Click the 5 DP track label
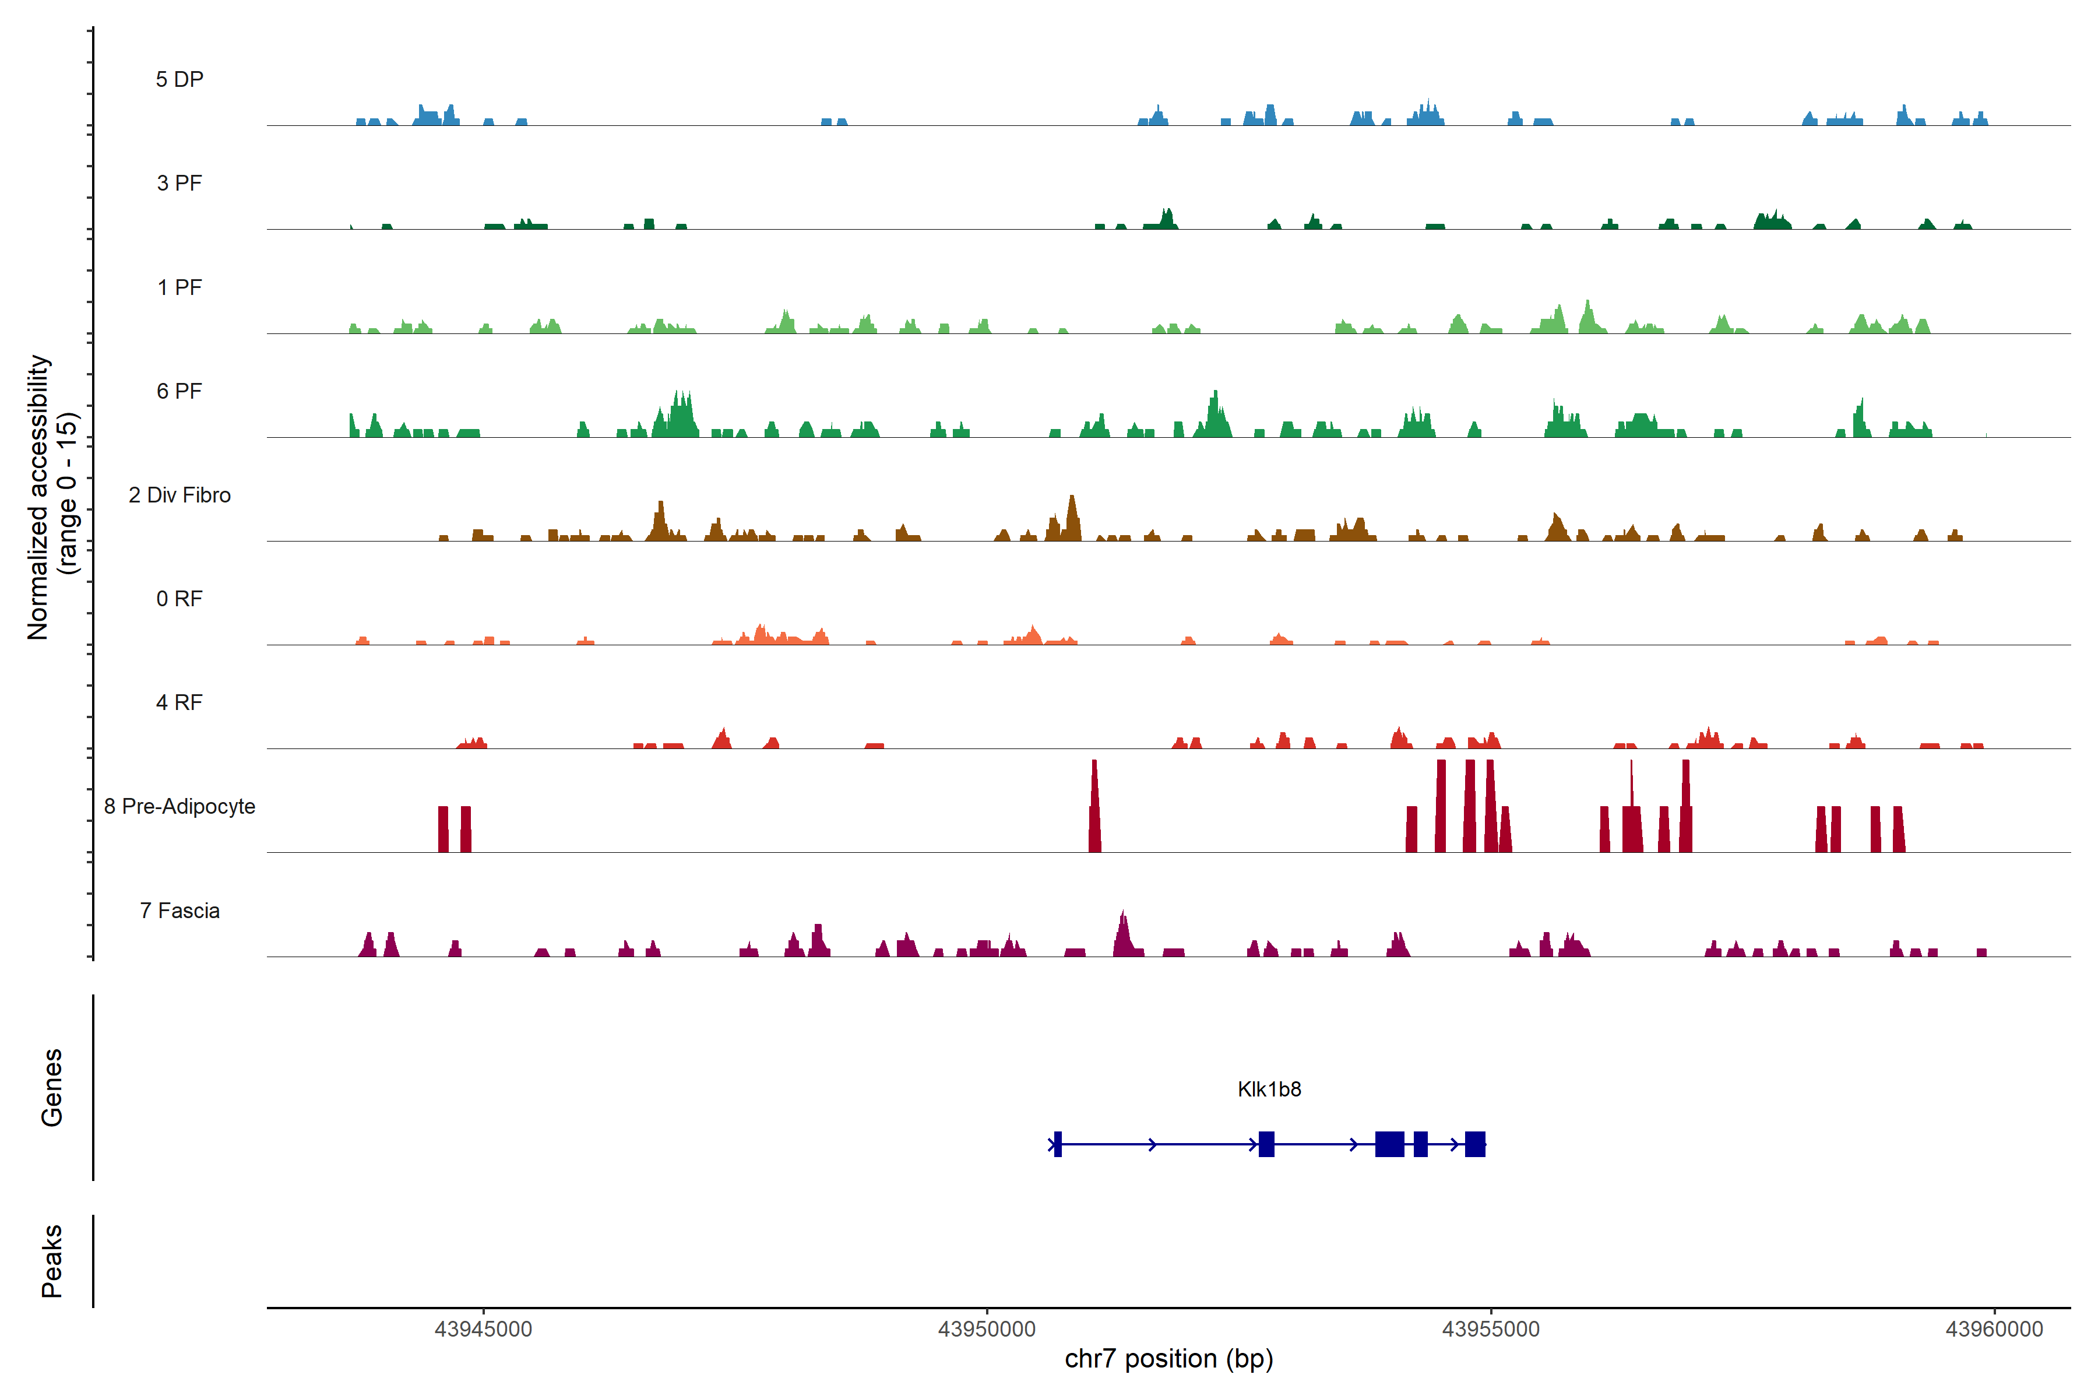pos(179,79)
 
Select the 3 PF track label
pos(179,183)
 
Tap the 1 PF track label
pos(179,287)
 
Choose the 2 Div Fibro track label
pos(179,495)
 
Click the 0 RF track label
pos(179,599)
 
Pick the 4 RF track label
pos(179,702)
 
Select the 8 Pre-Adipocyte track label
pos(179,807)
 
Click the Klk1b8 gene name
pos(1269,1089)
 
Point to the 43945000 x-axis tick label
pos(484,1330)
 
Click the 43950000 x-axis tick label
pos(987,1330)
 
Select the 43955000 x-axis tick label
pos(1491,1330)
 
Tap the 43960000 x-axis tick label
pos(1994,1330)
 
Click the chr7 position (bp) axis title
pos(1168,1359)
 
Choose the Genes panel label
pos(52,1088)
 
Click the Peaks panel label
pos(52,1261)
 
